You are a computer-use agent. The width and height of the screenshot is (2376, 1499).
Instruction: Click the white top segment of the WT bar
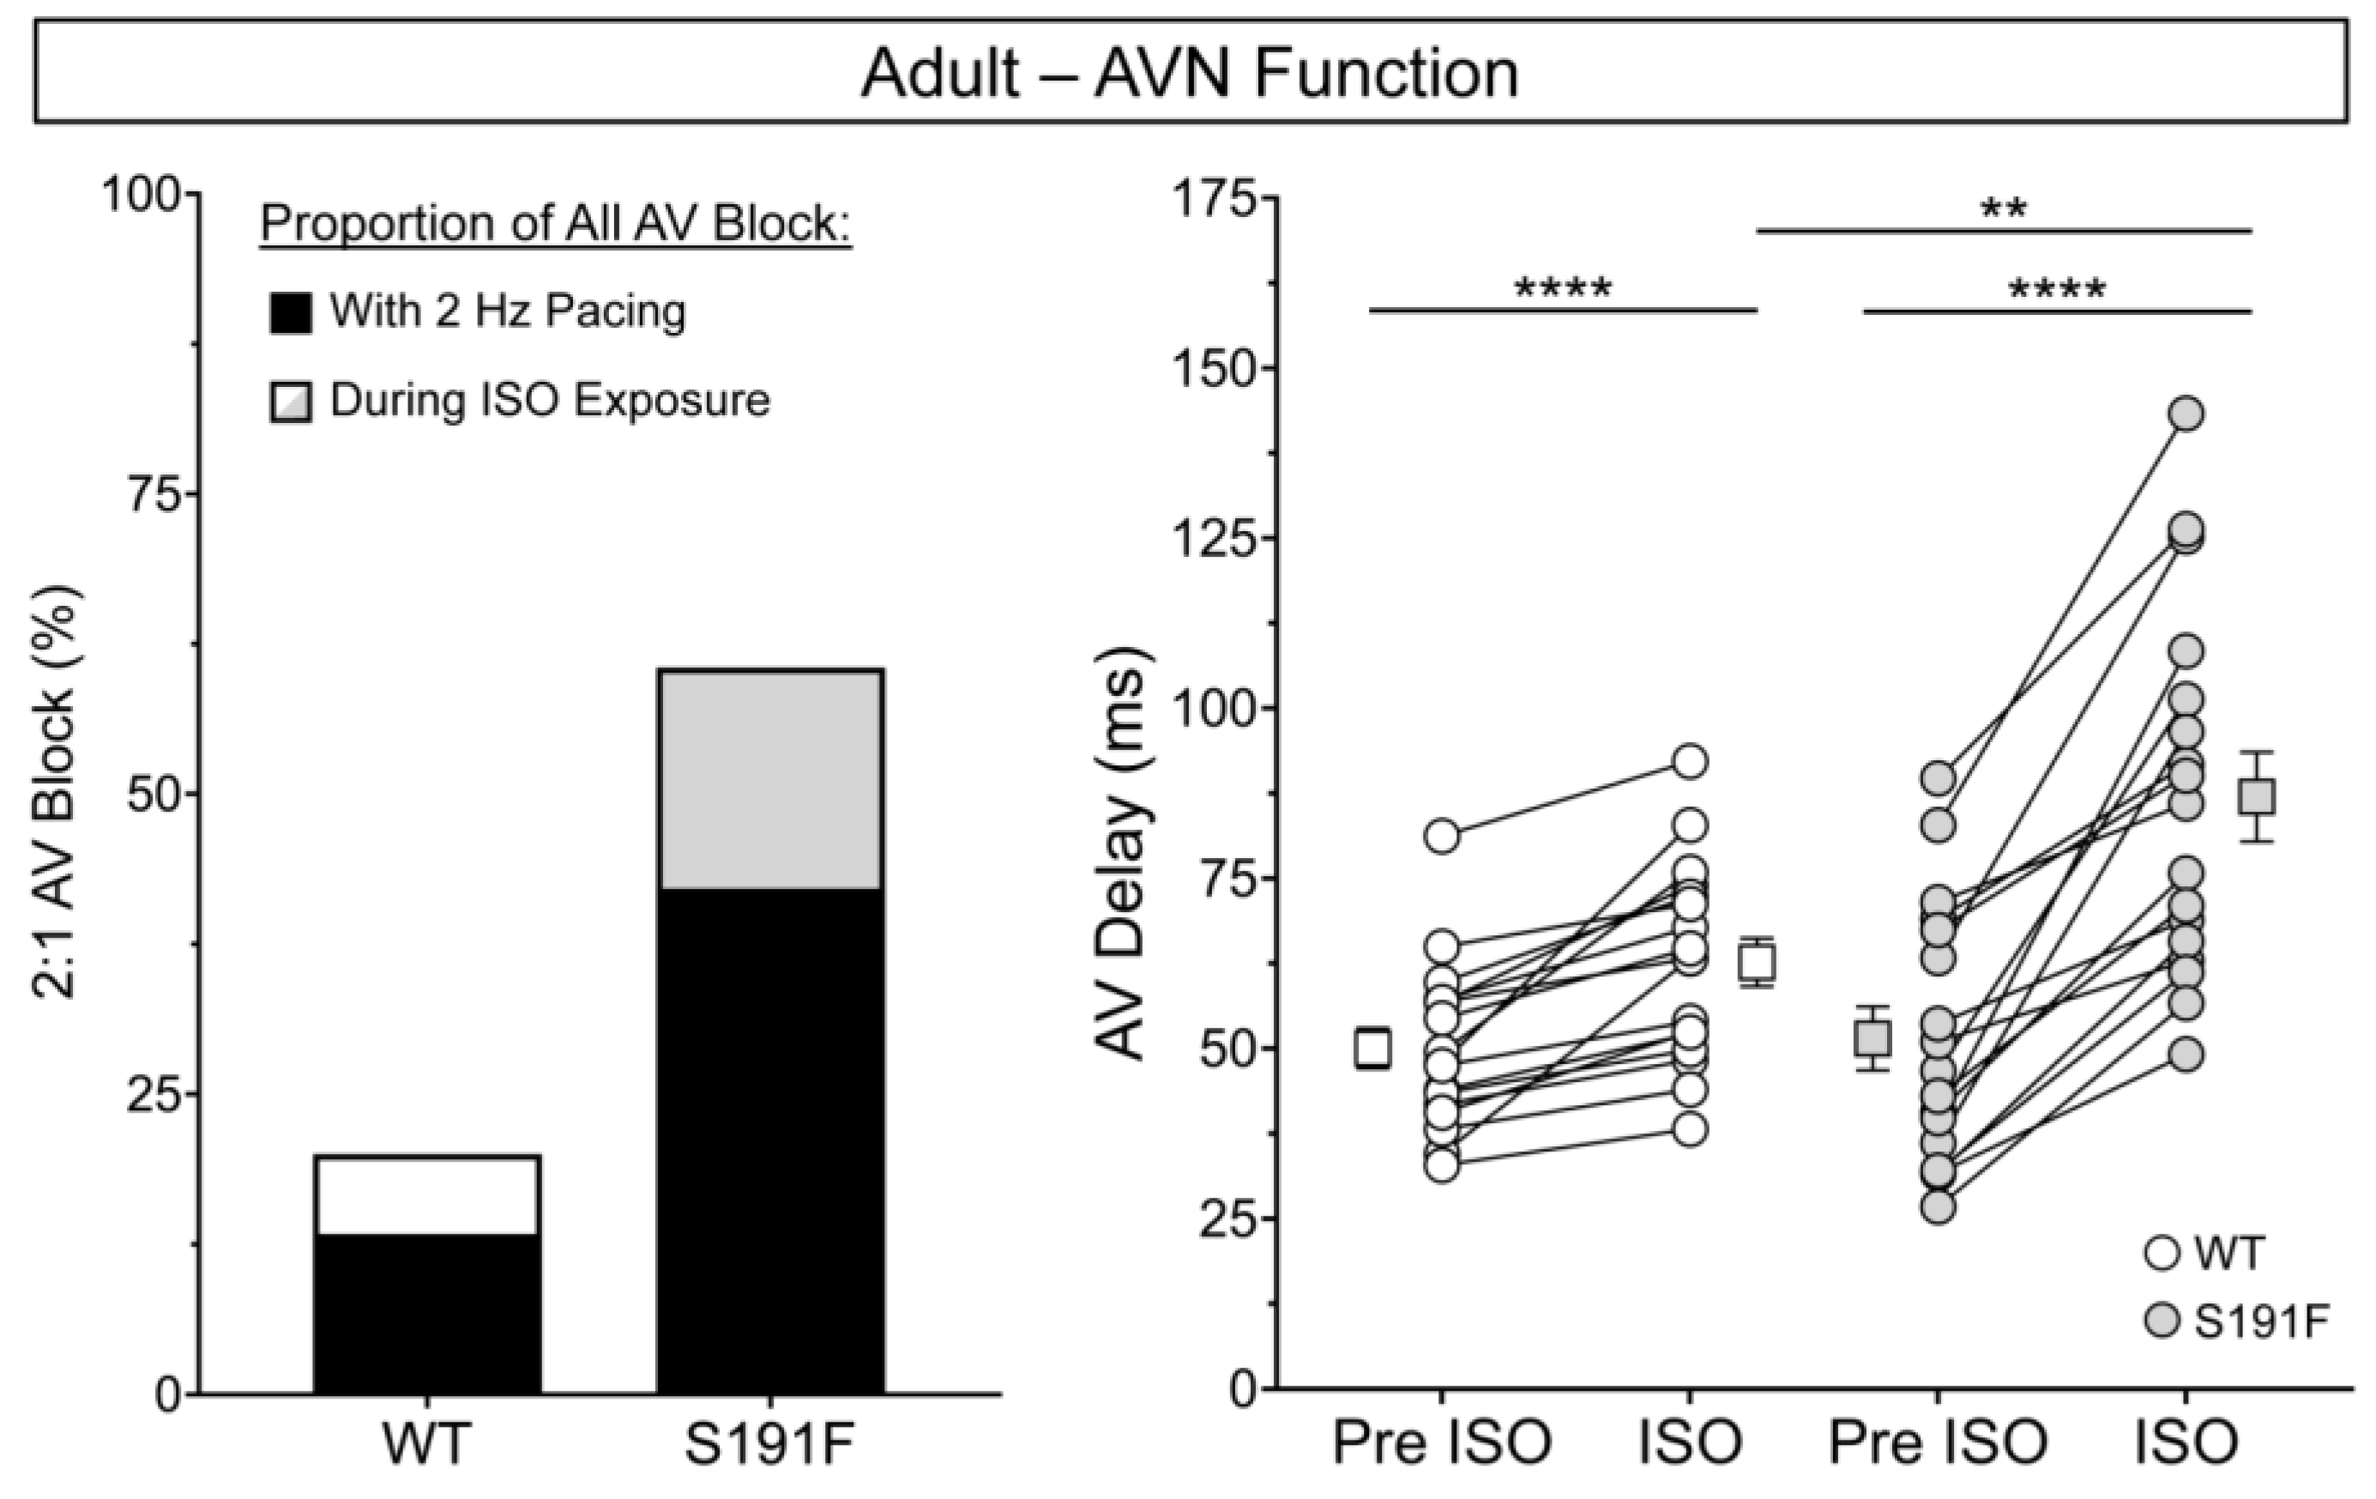coord(427,1194)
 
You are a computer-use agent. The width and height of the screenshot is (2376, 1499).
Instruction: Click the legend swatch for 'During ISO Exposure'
coord(290,402)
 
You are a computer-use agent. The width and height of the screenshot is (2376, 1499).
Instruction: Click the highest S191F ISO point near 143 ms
coord(2186,414)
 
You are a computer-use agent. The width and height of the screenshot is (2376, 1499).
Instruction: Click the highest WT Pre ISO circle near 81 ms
coord(1443,836)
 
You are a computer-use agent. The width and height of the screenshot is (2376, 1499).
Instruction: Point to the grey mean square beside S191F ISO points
coord(2257,796)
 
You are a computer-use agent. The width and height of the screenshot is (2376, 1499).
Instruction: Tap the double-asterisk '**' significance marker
coord(2003,209)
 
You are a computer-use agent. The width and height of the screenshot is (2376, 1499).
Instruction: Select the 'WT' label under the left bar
coord(426,1444)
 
